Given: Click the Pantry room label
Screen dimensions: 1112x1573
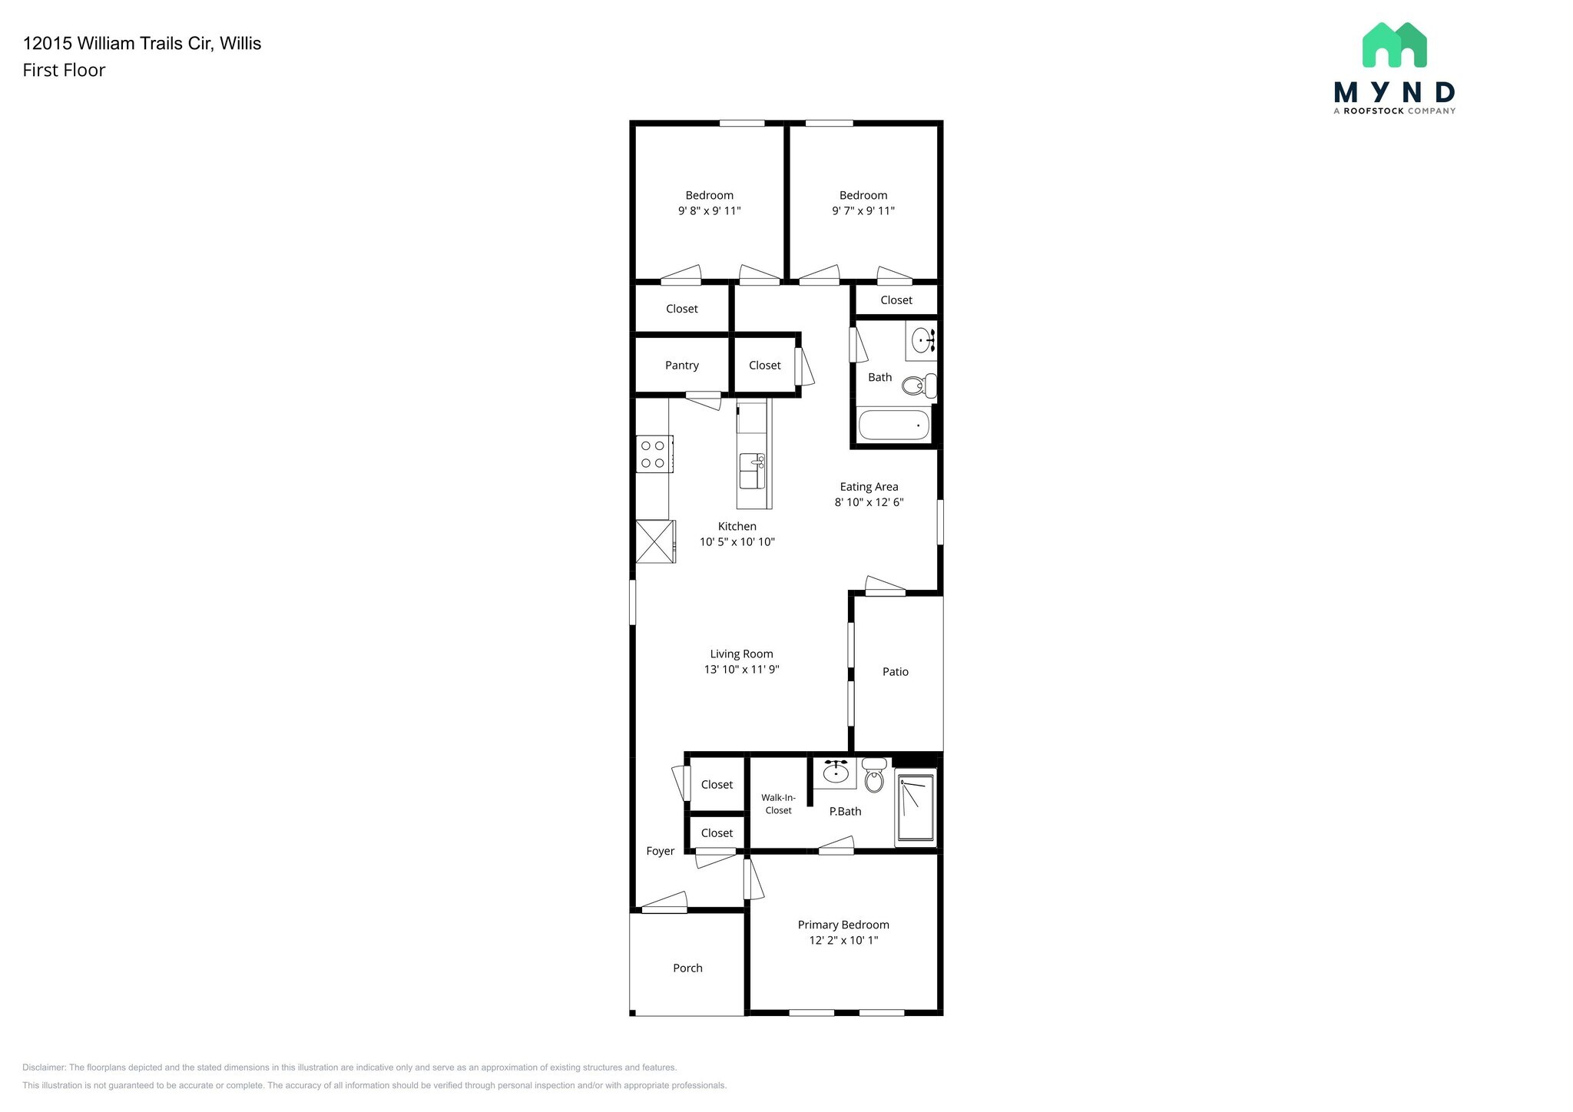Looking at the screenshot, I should click(x=681, y=366).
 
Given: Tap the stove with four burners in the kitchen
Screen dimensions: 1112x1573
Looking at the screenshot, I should click(x=654, y=454).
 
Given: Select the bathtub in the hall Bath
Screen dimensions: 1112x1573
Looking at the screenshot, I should click(x=893, y=425).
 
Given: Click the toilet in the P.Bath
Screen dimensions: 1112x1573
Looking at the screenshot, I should click(x=874, y=777).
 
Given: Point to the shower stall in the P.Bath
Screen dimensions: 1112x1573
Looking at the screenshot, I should click(x=916, y=808).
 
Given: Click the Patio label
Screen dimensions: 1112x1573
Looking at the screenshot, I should click(x=895, y=672).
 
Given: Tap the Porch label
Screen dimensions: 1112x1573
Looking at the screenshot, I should click(x=687, y=968).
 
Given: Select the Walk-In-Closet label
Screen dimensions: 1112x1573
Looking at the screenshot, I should click(x=778, y=804).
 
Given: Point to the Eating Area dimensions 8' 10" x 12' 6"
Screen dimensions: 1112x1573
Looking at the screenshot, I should click(x=869, y=502).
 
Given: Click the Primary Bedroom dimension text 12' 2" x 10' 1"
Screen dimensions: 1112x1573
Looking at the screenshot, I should click(x=843, y=941).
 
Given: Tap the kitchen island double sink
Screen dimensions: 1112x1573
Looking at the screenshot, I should click(x=752, y=471).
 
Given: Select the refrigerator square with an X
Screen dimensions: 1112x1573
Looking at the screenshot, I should click(x=655, y=542).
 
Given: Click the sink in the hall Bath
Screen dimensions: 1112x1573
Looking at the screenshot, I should click(x=921, y=339).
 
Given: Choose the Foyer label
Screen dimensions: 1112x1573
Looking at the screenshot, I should click(x=660, y=851).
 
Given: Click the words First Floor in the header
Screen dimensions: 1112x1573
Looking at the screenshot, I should click(x=64, y=70).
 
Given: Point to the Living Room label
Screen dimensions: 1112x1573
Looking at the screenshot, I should click(x=741, y=654).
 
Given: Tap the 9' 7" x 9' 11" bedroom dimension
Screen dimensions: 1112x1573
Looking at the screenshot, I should click(x=863, y=211).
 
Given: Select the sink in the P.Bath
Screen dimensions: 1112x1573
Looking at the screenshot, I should click(x=835, y=771).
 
